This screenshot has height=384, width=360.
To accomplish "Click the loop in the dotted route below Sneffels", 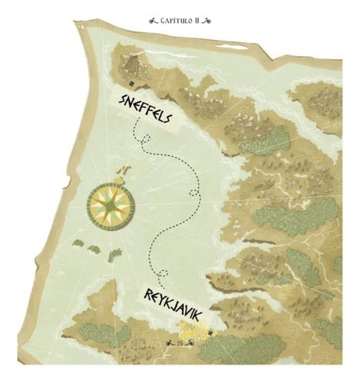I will [140, 137].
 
